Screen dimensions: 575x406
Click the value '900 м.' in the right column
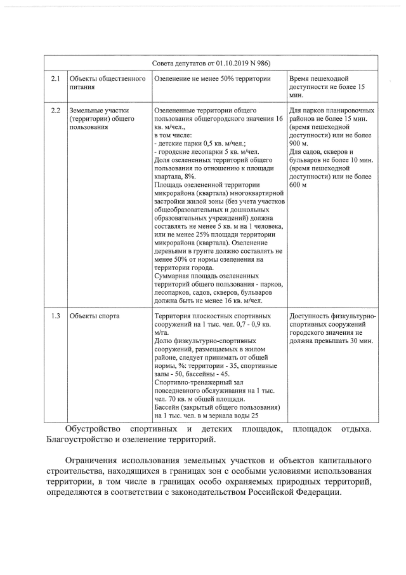point(301,144)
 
